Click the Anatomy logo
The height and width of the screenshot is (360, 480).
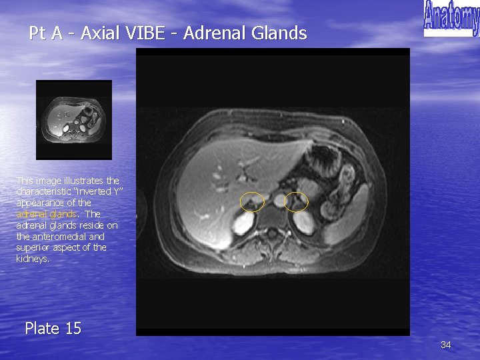(x=451, y=18)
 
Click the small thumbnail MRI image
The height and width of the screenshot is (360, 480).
(x=74, y=120)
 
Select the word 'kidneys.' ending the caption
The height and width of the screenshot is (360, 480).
(x=33, y=259)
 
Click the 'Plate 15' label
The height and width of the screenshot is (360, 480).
(x=53, y=328)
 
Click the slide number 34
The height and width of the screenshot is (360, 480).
(x=446, y=345)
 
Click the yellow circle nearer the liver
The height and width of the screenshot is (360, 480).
(x=252, y=201)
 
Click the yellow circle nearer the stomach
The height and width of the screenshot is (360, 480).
(x=296, y=201)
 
